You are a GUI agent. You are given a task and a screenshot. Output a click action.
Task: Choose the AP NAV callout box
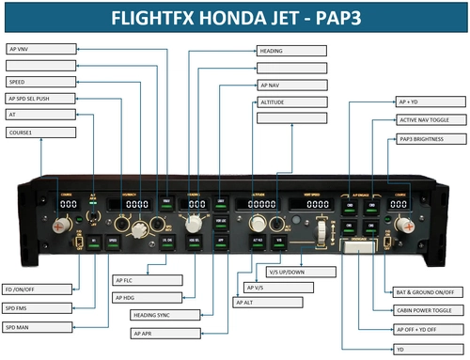tap(291, 85)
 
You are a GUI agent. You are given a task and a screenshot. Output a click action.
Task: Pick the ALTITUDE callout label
tap(291, 102)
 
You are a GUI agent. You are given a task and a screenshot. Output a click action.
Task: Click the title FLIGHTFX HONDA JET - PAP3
tap(235, 17)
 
